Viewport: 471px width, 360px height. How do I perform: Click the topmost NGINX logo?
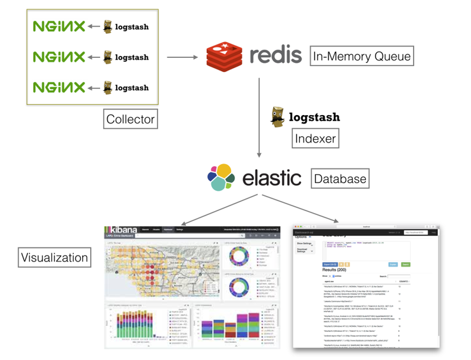[x=59, y=26]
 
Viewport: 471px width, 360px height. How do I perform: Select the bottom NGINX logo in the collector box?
[x=59, y=87]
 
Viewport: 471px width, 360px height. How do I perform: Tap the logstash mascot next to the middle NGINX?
[x=108, y=57]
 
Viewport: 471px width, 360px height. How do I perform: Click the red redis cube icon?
[x=225, y=55]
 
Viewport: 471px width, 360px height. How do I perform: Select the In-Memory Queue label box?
[x=362, y=57]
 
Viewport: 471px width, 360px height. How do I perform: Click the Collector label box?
[x=130, y=119]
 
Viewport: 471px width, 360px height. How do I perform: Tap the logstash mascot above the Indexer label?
[x=278, y=117]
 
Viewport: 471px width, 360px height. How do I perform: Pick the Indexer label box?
[x=314, y=138]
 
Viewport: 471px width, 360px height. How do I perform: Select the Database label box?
[x=340, y=179]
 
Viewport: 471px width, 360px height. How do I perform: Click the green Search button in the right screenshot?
[x=405, y=263]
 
